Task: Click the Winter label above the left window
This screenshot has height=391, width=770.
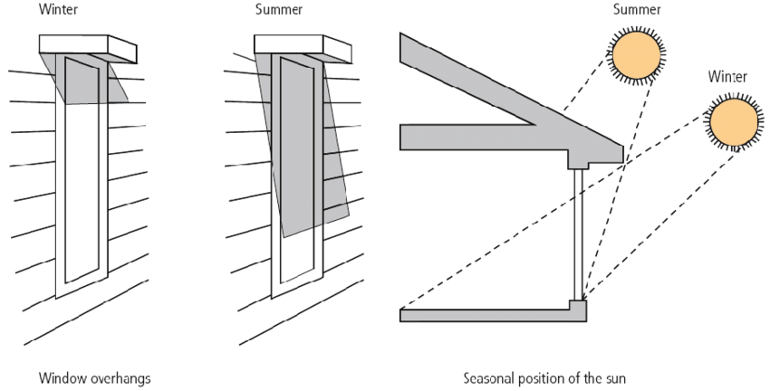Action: click(x=56, y=10)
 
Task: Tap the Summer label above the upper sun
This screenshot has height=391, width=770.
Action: click(x=636, y=10)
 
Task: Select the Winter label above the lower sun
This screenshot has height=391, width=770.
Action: click(x=727, y=78)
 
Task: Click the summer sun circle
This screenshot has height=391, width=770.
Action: click(x=637, y=55)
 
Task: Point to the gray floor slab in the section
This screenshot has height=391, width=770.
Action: click(x=489, y=314)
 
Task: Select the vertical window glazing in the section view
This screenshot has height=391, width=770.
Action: click(x=578, y=235)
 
